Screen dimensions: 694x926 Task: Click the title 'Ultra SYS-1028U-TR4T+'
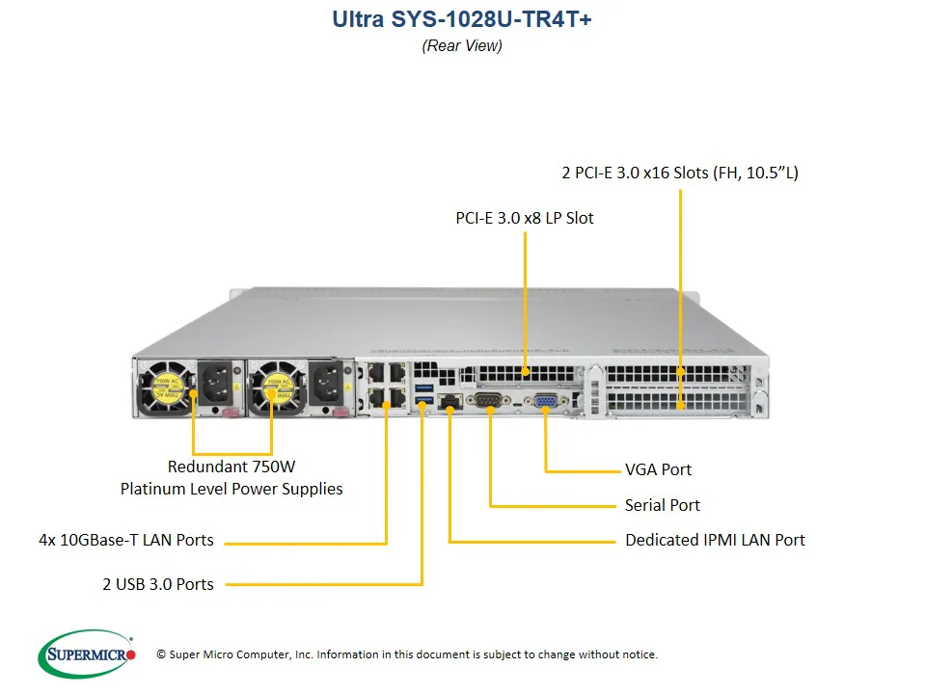click(462, 20)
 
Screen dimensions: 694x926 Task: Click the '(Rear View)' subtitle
click(462, 45)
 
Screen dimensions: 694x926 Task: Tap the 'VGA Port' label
click(658, 470)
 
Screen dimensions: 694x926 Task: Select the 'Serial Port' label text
click(662, 505)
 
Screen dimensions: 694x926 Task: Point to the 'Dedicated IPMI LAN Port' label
click(715, 540)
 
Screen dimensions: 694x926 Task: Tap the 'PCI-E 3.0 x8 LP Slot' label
click(525, 218)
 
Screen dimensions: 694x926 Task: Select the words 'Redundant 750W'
click(231, 467)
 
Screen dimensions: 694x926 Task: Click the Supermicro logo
click(86, 654)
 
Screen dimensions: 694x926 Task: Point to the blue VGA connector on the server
click(545, 403)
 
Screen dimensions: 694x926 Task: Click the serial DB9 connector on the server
click(487, 402)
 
